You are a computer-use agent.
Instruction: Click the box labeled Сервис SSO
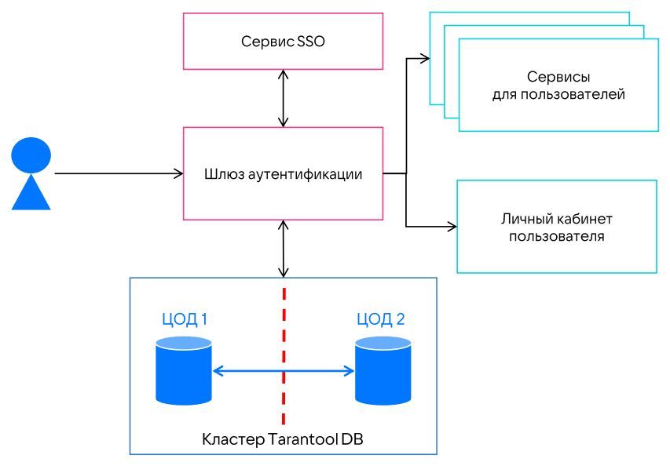[283, 41]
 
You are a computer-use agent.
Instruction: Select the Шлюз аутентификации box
[283, 173]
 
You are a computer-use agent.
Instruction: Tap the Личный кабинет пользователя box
[556, 227]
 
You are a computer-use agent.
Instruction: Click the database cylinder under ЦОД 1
[183, 370]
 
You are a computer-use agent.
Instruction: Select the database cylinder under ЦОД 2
[383, 370]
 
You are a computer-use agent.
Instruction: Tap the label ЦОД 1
[183, 319]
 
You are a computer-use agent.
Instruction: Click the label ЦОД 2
[382, 319]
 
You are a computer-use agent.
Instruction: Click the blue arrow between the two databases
[284, 371]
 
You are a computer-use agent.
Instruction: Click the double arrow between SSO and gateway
[284, 97]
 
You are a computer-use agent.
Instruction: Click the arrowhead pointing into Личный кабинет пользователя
[452, 227]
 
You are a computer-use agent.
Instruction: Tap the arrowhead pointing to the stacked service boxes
[425, 57]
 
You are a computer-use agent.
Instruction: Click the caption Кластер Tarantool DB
[283, 440]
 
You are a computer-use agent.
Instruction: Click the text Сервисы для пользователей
[558, 86]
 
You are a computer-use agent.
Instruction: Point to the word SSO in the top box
[311, 41]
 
